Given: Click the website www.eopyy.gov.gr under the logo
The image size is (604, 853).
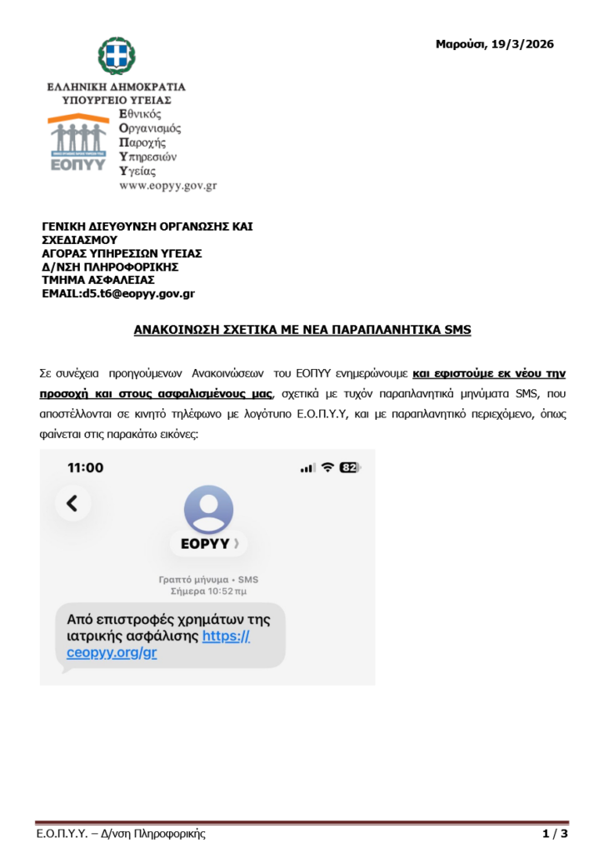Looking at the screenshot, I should click(x=168, y=186).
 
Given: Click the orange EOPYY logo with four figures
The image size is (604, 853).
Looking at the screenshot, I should click(x=77, y=141).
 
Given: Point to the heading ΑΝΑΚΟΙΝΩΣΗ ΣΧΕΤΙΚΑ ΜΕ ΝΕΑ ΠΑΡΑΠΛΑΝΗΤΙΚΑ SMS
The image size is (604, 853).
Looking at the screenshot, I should click(x=302, y=330).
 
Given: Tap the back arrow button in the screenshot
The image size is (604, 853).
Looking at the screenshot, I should click(x=72, y=502).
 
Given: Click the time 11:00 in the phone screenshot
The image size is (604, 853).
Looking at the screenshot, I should click(x=85, y=467).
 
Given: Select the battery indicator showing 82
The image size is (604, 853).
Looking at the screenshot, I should click(x=348, y=468).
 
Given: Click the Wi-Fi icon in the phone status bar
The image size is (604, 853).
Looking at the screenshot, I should click(x=327, y=468).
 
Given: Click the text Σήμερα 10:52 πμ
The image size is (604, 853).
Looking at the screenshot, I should click(x=208, y=591).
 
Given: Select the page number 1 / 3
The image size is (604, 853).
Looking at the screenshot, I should click(x=555, y=834).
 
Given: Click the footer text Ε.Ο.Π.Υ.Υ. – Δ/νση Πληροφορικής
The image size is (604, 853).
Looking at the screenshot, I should click(x=121, y=834).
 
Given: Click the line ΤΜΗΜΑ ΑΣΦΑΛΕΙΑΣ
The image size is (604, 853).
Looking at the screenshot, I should click(x=98, y=280).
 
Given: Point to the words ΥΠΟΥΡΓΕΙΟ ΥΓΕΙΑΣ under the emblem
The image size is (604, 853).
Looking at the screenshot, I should click(x=117, y=99).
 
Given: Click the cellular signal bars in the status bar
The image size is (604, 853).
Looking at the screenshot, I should click(x=308, y=468).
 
